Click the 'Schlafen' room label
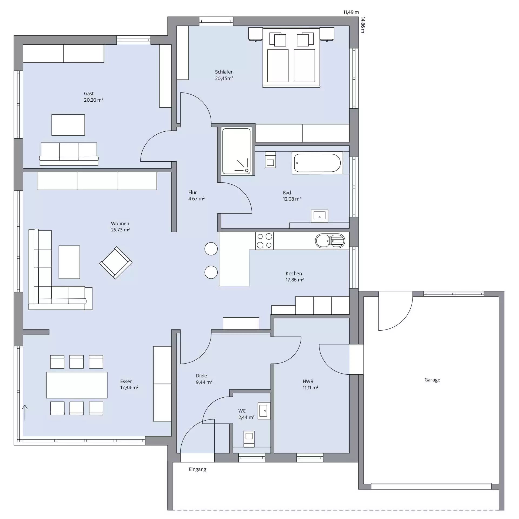point(224,72)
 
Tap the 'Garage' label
point(432,380)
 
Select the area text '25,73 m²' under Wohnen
point(120,230)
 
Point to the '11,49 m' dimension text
point(351,12)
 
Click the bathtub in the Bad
point(317,163)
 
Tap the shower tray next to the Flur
point(237,151)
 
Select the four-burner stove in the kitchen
point(264,241)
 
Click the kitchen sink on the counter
point(330,241)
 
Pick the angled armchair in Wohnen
point(116,263)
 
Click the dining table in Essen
point(77,385)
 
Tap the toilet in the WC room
point(249,439)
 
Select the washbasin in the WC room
point(264,411)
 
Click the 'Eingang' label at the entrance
point(198,470)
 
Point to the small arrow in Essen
point(25,412)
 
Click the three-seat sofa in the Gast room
point(69,154)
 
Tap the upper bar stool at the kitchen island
point(211,249)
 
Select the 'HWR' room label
point(308,381)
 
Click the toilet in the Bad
point(270,159)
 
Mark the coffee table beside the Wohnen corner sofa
point(69,262)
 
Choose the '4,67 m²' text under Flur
point(197,199)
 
